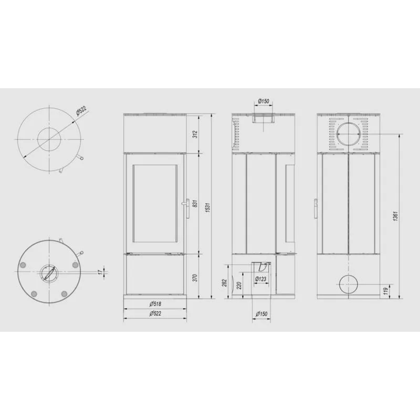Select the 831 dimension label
click(x=195, y=203)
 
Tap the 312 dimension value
click(x=195, y=134)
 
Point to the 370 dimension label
click(x=195, y=278)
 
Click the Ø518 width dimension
click(x=155, y=304)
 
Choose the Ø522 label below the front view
click(x=155, y=313)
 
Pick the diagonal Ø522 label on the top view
click(x=81, y=110)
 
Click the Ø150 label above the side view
click(x=264, y=101)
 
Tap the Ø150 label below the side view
click(x=261, y=313)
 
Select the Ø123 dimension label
click(x=260, y=279)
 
